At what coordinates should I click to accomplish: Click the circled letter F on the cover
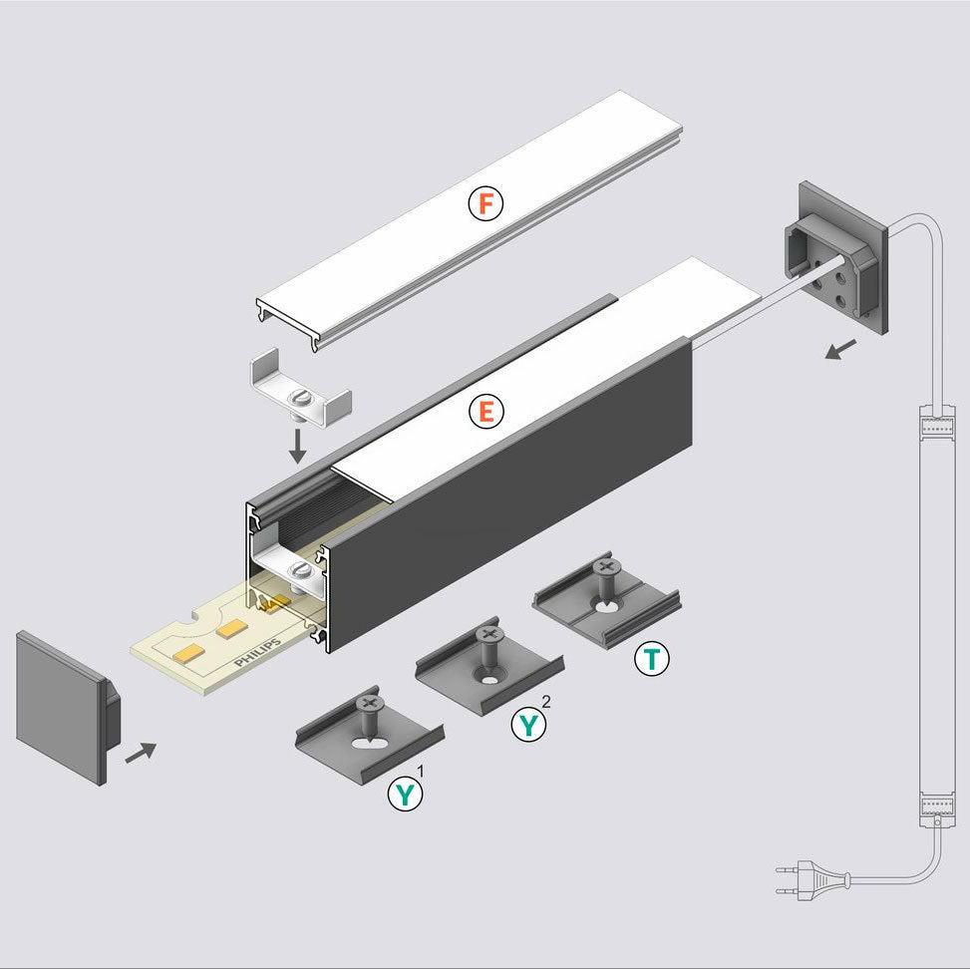click(x=485, y=204)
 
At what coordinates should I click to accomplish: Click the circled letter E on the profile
click(x=485, y=411)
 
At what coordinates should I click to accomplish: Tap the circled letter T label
click(x=652, y=659)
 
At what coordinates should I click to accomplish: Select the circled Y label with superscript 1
click(x=405, y=795)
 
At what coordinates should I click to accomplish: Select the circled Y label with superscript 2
click(x=529, y=725)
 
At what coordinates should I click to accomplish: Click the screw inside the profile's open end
click(x=300, y=572)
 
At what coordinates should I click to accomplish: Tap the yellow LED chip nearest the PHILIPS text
click(x=233, y=628)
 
